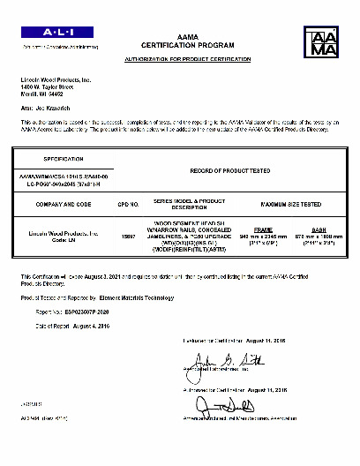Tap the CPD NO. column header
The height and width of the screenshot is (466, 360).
[x=129, y=204]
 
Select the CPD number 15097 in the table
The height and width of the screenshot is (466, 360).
[x=129, y=236]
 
